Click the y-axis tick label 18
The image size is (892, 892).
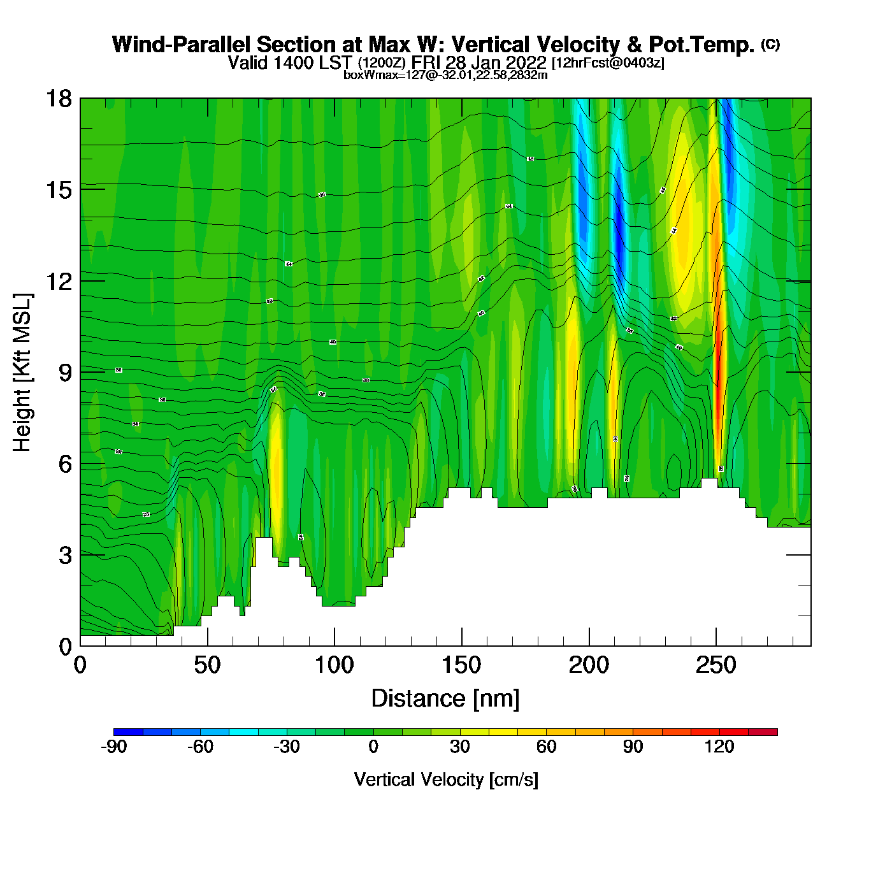point(58,99)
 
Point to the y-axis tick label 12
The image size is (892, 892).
point(58,281)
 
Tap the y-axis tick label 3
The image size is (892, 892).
point(65,555)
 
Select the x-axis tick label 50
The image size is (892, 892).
point(207,666)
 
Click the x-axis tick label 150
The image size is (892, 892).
point(461,666)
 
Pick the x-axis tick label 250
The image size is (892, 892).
point(716,666)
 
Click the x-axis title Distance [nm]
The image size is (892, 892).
point(445,698)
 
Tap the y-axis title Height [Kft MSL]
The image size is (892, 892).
point(22,373)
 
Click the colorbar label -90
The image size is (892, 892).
point(113,747)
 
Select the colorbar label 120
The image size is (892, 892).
point(719,747)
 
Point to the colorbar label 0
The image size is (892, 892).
point(373,747)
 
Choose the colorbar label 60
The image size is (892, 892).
point(546,747)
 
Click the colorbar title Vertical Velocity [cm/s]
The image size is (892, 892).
point(445,779)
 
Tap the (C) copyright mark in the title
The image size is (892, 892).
point(770,44)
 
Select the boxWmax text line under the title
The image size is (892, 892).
point(445,75)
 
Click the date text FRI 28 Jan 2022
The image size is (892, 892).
point(478,62)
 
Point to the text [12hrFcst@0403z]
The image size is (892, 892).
point(608,63)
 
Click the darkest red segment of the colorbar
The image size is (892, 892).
point(763,732)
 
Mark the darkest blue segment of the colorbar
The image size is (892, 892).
point(128,732)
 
